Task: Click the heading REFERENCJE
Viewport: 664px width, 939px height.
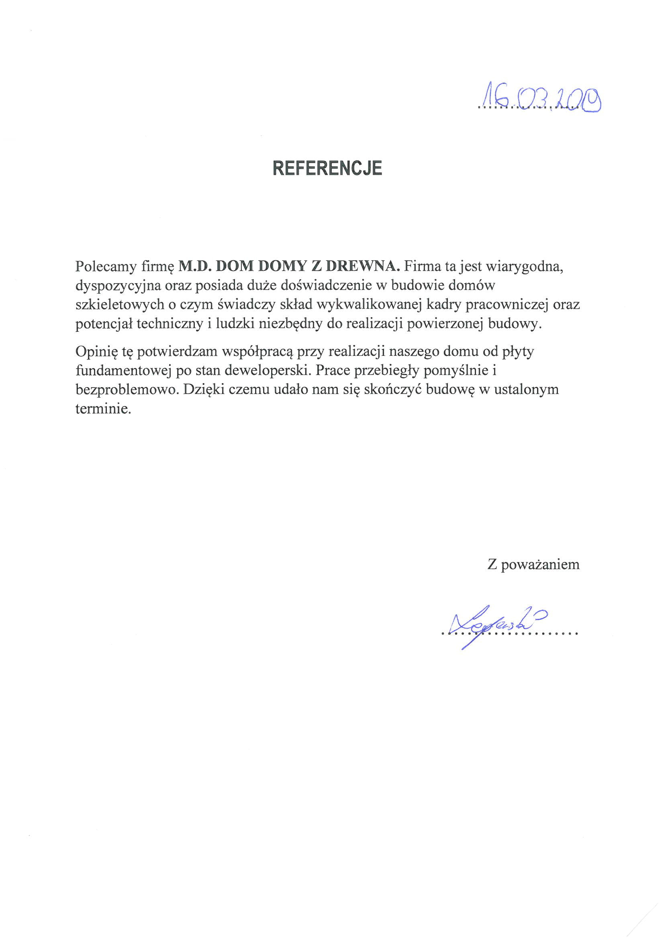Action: point(327,168)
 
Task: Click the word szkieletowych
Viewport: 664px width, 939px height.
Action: point(120,305)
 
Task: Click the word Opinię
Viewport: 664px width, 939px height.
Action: point(95,352)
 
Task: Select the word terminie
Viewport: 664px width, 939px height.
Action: point(104,409)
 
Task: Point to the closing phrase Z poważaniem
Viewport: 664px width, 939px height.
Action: point(533,564)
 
